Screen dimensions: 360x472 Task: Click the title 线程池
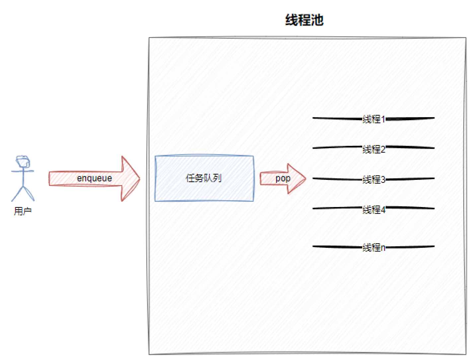[304, 20]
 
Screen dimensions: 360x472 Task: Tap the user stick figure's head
[23, 162]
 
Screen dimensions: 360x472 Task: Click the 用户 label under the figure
[23, 211]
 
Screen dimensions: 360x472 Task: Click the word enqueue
[94, 178]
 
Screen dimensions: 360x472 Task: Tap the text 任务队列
[203, 178]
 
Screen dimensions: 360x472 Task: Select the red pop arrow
[295, 179]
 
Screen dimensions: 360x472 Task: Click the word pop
[283, 179]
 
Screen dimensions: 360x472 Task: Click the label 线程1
[373, 119]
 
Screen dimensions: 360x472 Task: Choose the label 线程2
[373, 149]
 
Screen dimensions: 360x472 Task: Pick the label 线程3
[373, 180]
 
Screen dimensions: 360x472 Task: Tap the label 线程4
[373, 209]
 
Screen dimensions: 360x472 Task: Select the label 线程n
[373, 247]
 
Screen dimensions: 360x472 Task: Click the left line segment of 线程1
[337, 118]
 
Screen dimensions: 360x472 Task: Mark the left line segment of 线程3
[337, 179]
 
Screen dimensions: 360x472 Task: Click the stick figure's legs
[23, 194]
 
